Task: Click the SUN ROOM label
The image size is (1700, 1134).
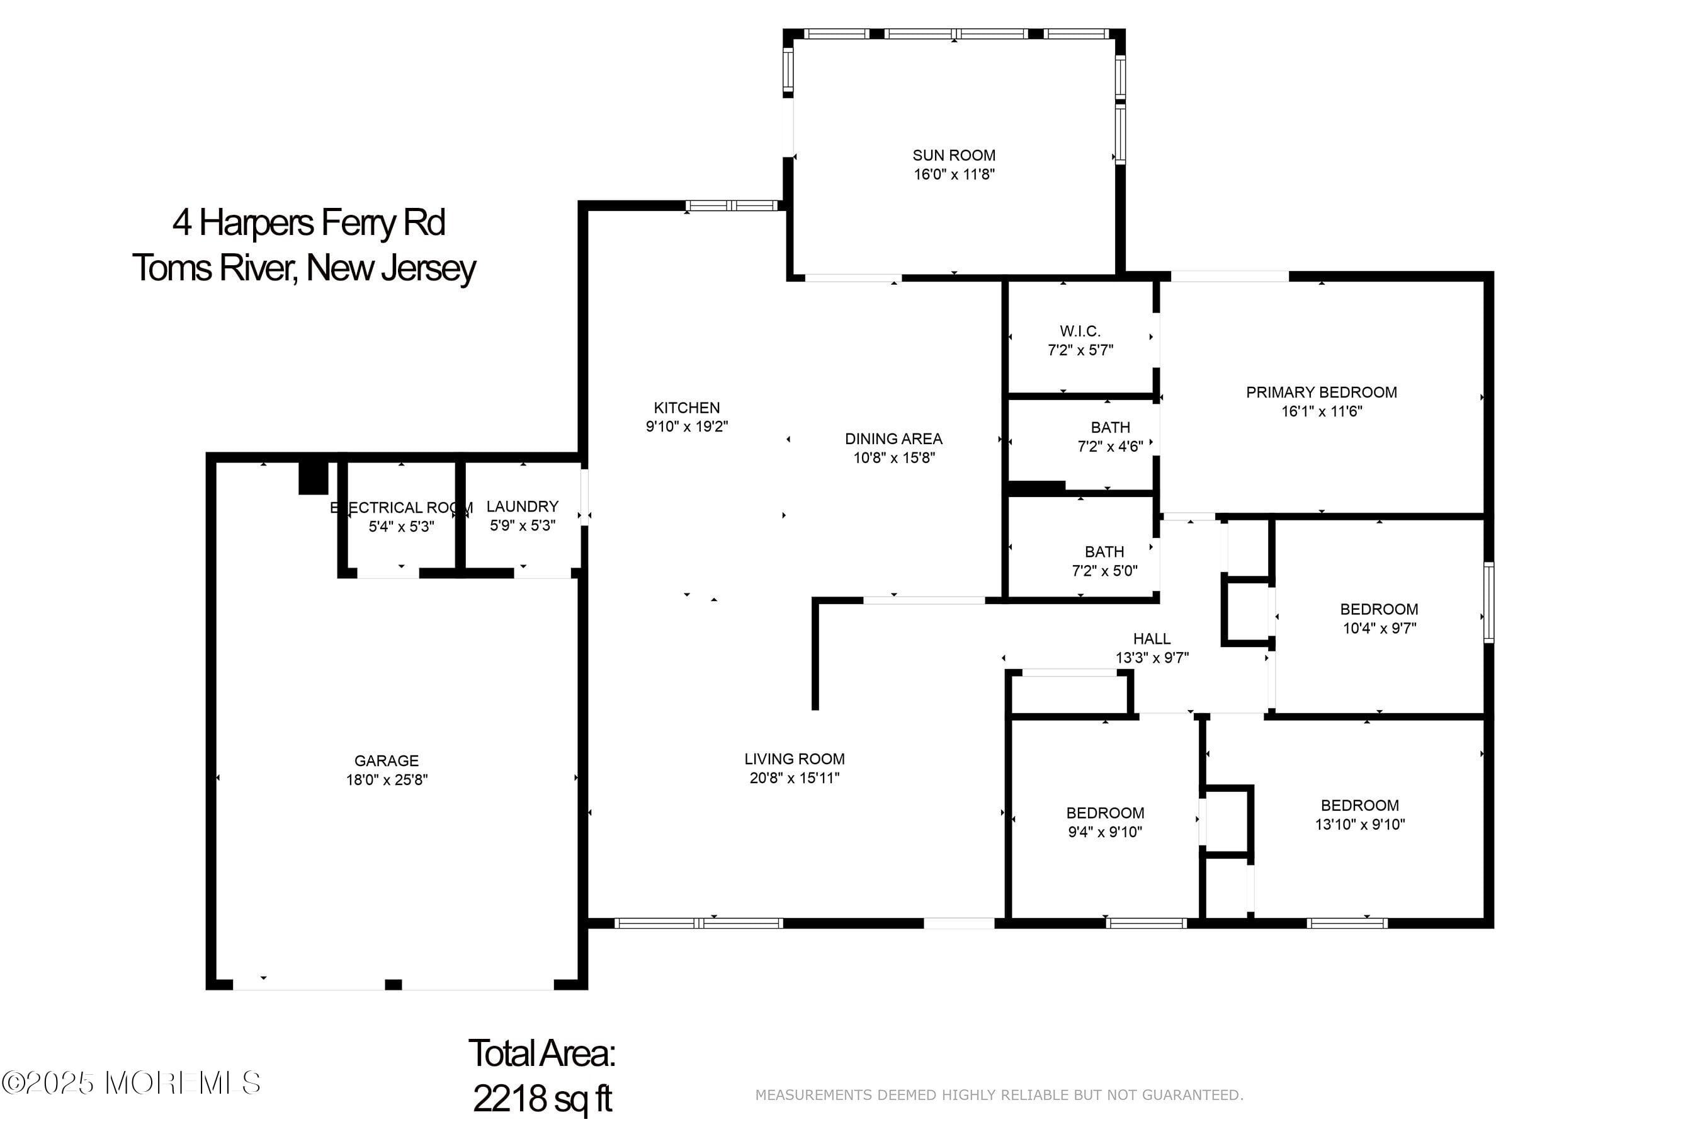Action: point(953,156)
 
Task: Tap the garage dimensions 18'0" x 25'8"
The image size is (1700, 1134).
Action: point(387,780)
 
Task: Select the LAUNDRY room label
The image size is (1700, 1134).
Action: point(522,507)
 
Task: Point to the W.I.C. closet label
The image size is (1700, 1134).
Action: point(1080,331)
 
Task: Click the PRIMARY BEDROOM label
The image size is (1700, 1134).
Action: point(1320,392)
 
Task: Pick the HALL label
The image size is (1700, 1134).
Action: point(1152,639)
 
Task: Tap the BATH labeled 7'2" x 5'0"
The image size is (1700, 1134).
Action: point(1104,552)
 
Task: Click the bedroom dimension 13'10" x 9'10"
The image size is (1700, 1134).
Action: point(1359,825)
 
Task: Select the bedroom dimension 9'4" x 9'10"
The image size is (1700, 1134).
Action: point(1104,832)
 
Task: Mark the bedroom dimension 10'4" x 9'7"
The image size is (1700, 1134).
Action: point(1378,627)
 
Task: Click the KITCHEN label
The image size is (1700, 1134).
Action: point(687,408)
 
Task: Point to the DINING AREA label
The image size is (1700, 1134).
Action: point(893,439)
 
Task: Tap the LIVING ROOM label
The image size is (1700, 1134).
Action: point(795,759)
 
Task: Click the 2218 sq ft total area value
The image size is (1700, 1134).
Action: point(542,1098)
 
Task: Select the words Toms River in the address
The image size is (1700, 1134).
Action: point(213,268)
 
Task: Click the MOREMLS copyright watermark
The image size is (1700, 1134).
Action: point(131,1082)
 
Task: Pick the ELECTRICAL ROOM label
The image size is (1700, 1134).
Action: point(402,508)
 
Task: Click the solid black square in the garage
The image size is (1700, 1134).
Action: point(313,478)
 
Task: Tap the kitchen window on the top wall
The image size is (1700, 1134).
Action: point(731,205)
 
